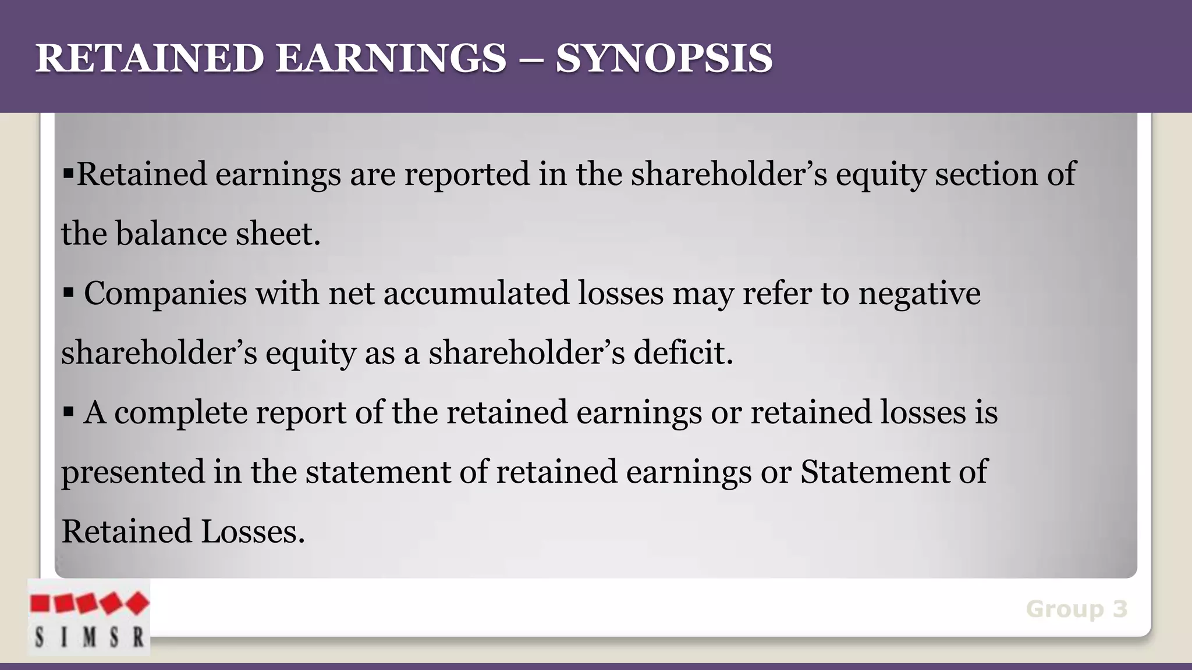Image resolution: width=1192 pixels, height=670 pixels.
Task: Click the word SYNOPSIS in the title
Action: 664,59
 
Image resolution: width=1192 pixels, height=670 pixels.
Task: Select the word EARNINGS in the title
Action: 391,59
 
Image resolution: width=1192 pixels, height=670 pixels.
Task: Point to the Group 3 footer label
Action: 1076,609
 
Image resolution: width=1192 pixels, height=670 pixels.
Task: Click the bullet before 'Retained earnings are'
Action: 68,173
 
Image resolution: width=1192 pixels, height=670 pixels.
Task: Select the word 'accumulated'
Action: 476,293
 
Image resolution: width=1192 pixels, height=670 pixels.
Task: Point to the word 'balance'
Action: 171,234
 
